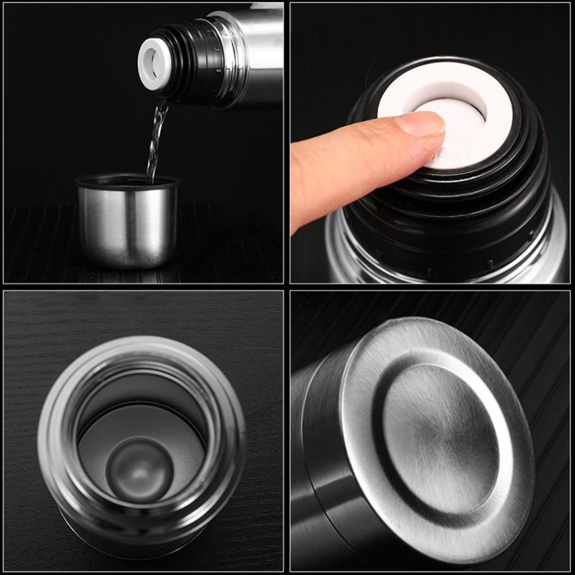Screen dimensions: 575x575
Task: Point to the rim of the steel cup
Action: [128, 181]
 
